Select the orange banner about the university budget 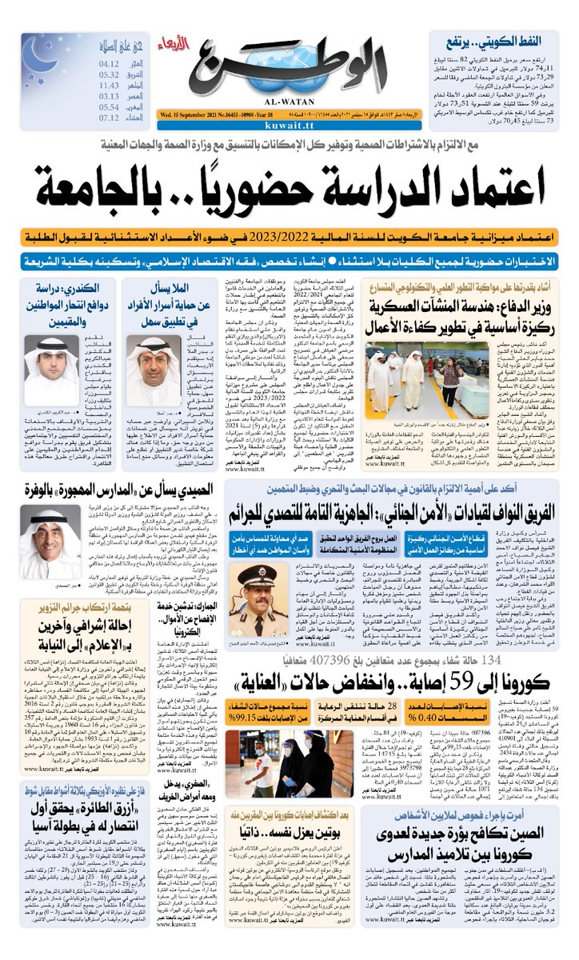[289, 238]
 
